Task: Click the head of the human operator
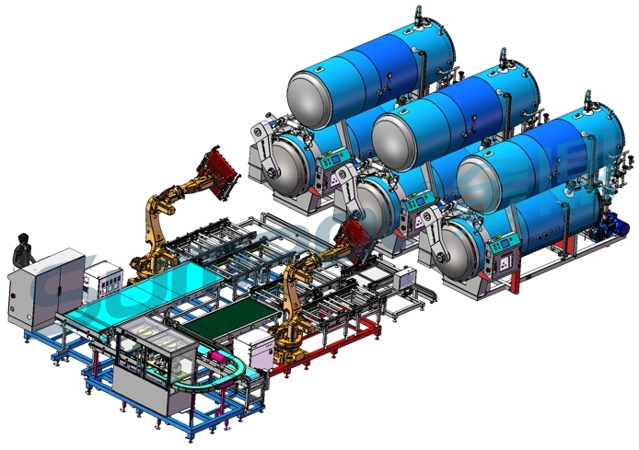[23, 240]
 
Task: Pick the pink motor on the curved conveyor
[218, 355]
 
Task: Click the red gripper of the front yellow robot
[355, 241]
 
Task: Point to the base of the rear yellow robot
[147, 268]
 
